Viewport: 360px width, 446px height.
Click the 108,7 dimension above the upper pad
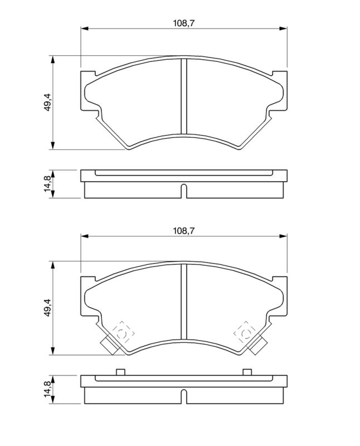[184, 23]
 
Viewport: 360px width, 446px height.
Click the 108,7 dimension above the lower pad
[184, 231]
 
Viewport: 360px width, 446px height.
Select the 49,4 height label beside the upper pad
[47, 102]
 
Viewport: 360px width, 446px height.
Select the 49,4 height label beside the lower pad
[47, 308]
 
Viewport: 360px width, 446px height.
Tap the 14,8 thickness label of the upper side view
[47, 184]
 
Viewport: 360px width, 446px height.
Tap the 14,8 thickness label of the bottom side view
[47, 389]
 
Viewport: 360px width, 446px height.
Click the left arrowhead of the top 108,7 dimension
[85, 28]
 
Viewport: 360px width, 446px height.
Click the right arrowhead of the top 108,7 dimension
[283, 28]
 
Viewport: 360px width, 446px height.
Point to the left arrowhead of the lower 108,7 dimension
[85, 236]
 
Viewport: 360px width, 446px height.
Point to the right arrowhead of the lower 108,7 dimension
[283, 236]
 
